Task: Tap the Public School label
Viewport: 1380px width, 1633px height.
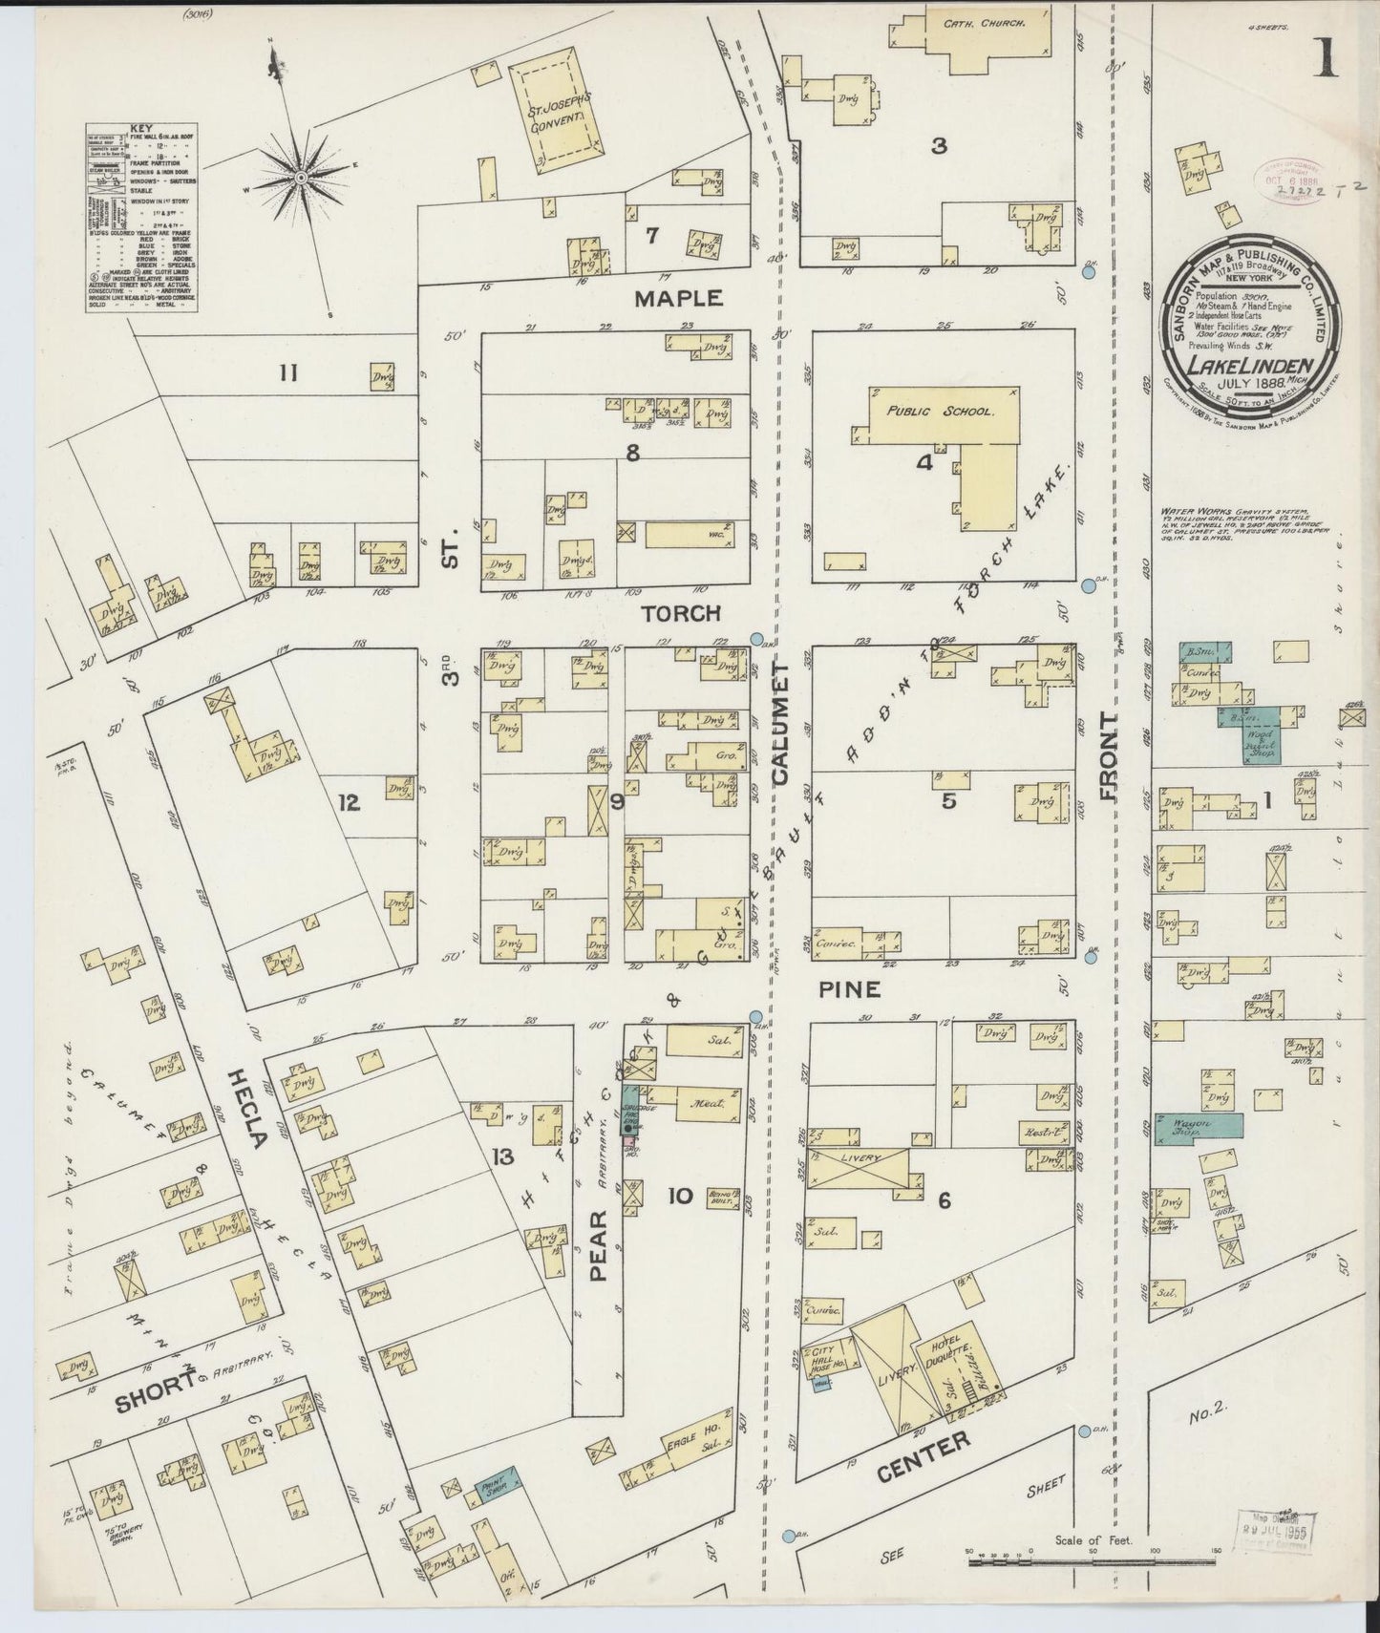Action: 940,412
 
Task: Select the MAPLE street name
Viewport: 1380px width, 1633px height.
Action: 679,298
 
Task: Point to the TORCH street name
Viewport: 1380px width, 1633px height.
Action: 680,613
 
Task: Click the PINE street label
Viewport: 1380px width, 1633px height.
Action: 849,989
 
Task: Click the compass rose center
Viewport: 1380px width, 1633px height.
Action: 300,177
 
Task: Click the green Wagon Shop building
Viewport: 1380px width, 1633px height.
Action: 1198,1125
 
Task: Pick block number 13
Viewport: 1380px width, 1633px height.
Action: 502,1157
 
